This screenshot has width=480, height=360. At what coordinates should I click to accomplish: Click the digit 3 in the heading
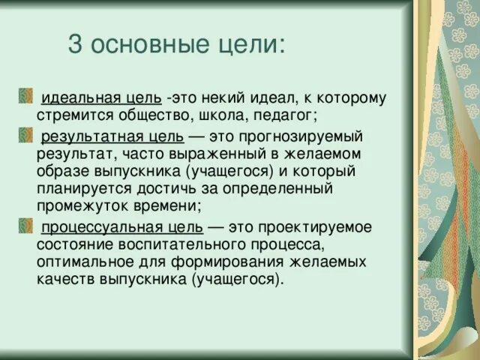click(74, 44)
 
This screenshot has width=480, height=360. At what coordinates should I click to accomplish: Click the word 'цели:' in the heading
click(253, 45)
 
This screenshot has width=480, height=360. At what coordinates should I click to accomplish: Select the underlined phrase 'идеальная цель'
click(101, 98)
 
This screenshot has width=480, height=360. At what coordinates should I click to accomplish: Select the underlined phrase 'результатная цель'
click(112, 137)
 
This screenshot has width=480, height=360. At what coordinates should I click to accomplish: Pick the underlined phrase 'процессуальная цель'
click(121, 227)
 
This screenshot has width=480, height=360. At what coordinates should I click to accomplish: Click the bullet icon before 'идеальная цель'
click(25, 96)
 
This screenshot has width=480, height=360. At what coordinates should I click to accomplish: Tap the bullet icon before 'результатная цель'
click(25, 135)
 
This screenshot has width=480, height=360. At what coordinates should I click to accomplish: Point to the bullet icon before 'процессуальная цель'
click(25, 225)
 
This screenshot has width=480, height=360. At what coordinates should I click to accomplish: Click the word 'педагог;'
click(289, 115)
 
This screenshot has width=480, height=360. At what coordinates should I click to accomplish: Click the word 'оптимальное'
click(82, 262)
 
